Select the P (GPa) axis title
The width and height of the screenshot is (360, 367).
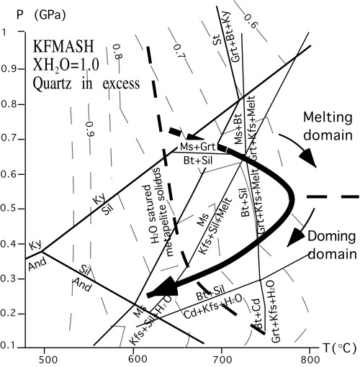coord(22,13)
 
